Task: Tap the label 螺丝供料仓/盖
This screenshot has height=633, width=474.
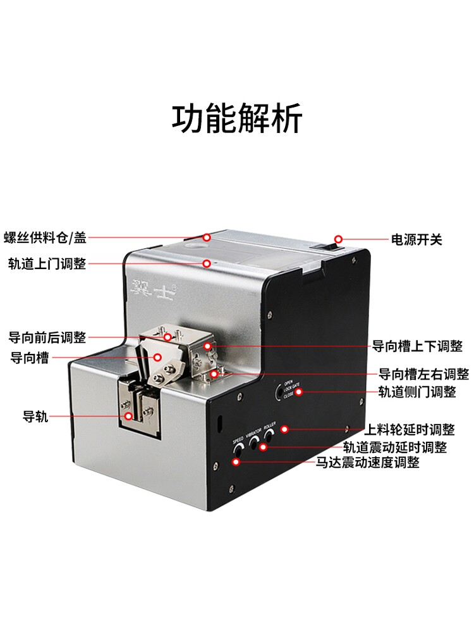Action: coord(44,238)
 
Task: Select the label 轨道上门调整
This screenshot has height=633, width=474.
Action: coord(47,263)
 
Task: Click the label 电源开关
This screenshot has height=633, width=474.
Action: coord(416,239)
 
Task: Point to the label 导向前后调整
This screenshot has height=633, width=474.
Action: coord(47,337)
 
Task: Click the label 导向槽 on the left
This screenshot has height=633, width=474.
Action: coord(30,358)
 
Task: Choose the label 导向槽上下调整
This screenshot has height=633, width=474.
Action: coord(416,346)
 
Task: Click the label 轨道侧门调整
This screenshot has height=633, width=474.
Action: coord(416,392)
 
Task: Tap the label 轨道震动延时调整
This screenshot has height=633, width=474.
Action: coord(395,448)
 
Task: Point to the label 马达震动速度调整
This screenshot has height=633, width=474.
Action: coord(368,463)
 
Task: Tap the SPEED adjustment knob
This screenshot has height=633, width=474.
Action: coord(238,450)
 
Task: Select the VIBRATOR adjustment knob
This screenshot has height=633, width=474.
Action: coord(255,442)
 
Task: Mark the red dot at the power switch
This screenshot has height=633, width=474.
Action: coord(338,239)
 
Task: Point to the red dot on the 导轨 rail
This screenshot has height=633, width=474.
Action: coord(128,417)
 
